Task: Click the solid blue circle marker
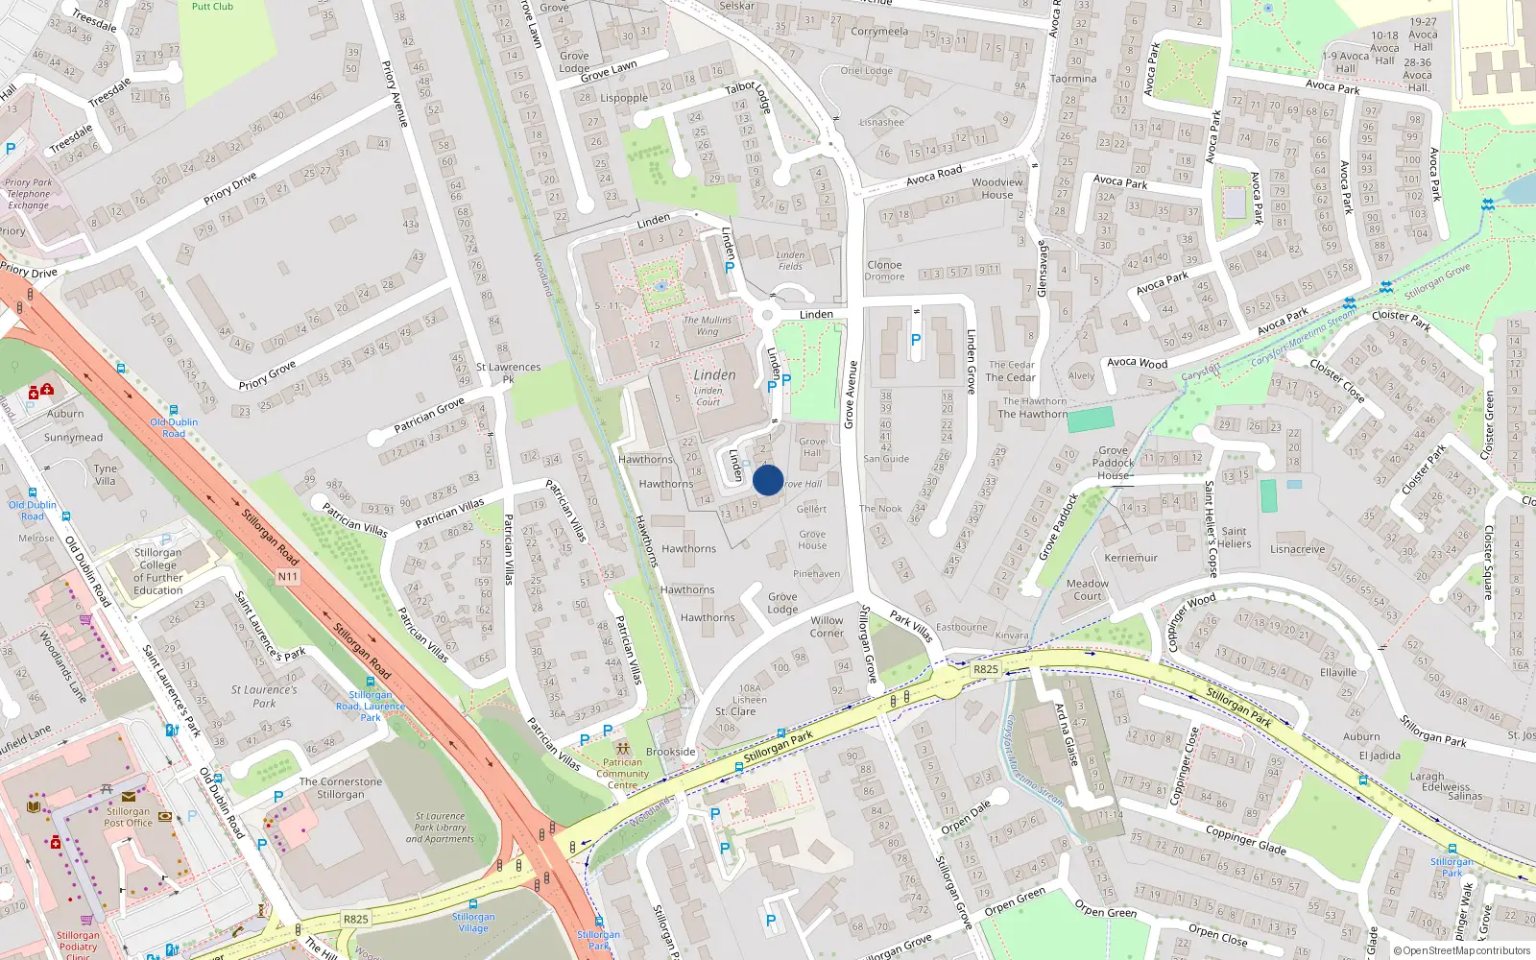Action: coord(768,480)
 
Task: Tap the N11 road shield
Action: coord(287,577)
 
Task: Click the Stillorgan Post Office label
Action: coord(128,817)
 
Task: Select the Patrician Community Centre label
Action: coord(622,774)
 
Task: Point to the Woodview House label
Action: coord(997,188)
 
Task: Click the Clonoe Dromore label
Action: coord(884,271)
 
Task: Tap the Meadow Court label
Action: coord(1088,589)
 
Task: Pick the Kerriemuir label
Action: coord(1131,558)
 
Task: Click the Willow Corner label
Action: coord(827,627)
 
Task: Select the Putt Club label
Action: coord(212,6)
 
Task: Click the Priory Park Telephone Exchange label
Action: coord(29,194)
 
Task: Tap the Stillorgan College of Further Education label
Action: coord(158,571)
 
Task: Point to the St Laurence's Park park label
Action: coord(264,696)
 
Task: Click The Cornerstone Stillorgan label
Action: coord(341,788)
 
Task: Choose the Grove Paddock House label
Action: coord(1114,463)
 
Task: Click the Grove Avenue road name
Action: coord(850,395)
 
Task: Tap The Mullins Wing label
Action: coord(708,325)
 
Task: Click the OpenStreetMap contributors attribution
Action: coord(1462,950)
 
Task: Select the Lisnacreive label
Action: coord(1298,550)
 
